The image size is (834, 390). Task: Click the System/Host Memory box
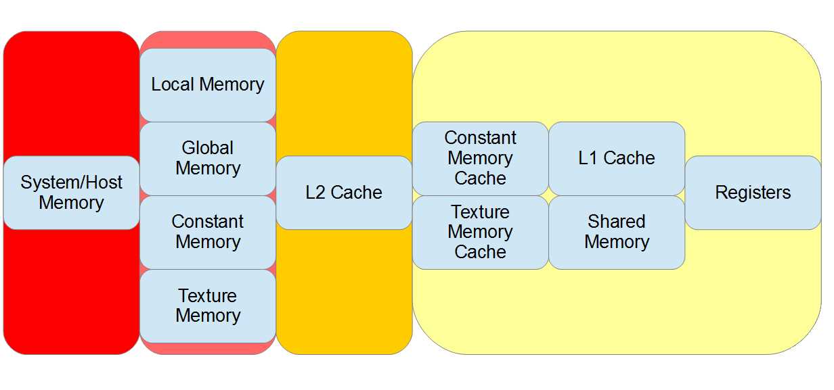[x=71, y=193]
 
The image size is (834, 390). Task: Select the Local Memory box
[x=208, y=84]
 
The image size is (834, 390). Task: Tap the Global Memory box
[x=208, y=158]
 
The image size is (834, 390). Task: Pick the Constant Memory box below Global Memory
[x=208, y=232]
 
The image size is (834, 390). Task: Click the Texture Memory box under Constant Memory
[x=208, y=306]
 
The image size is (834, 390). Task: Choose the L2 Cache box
[x=344, y=193]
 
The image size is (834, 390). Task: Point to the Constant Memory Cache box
[x=480, y=158]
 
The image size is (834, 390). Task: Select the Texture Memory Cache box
[x=480, y=232]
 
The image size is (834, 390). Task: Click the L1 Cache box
[x=617, y=158]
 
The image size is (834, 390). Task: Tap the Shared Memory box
[x=617, y=232]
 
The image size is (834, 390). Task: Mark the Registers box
[x=753, y=193]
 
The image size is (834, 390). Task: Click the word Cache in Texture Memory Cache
[x=480, y=252]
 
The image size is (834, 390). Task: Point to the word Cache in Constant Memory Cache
[x=480, y=178]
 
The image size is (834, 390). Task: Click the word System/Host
[x=72, y=182]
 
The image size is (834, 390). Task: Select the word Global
[x=208, y=148]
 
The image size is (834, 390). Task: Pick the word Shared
[x=617, y=222]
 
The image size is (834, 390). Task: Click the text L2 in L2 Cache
[x=315, y=193]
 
